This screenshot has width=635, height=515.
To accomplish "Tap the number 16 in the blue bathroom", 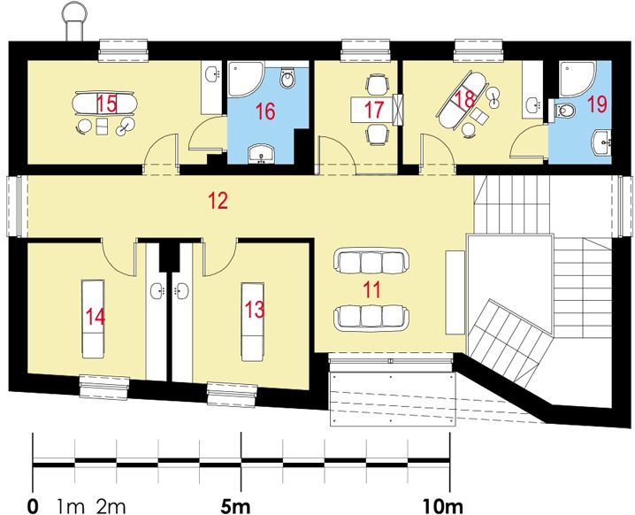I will pyautogui.click(x=265, y=112).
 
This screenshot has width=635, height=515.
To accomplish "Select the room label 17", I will pyautogui.click(x=374, y=111).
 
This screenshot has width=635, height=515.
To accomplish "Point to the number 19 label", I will pyautogui.click(x=596, y=104).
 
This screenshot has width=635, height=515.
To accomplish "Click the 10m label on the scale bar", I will pyautogui.click(x=442, y=506).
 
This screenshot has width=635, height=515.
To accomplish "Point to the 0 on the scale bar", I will pyautogui.click(x=33, y=506).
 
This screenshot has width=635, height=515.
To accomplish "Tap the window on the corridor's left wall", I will pyautogui.click(x=13, y=207).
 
